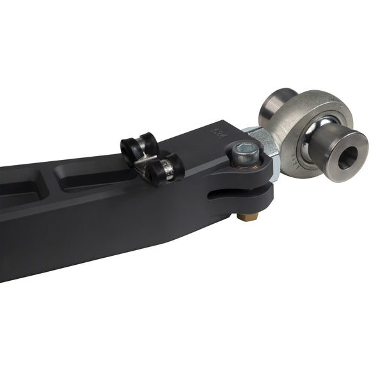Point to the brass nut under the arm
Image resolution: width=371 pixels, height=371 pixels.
pos(246,216)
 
